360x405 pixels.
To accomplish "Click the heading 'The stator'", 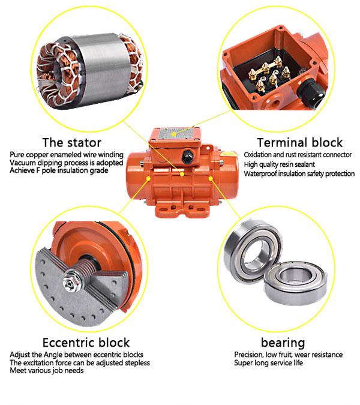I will [x=71, y=142].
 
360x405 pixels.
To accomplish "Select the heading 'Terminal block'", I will [x=299, y=142].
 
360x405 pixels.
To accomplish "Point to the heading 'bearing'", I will [x=282, y=343].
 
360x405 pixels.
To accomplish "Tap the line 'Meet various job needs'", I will [x=47, y=370].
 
